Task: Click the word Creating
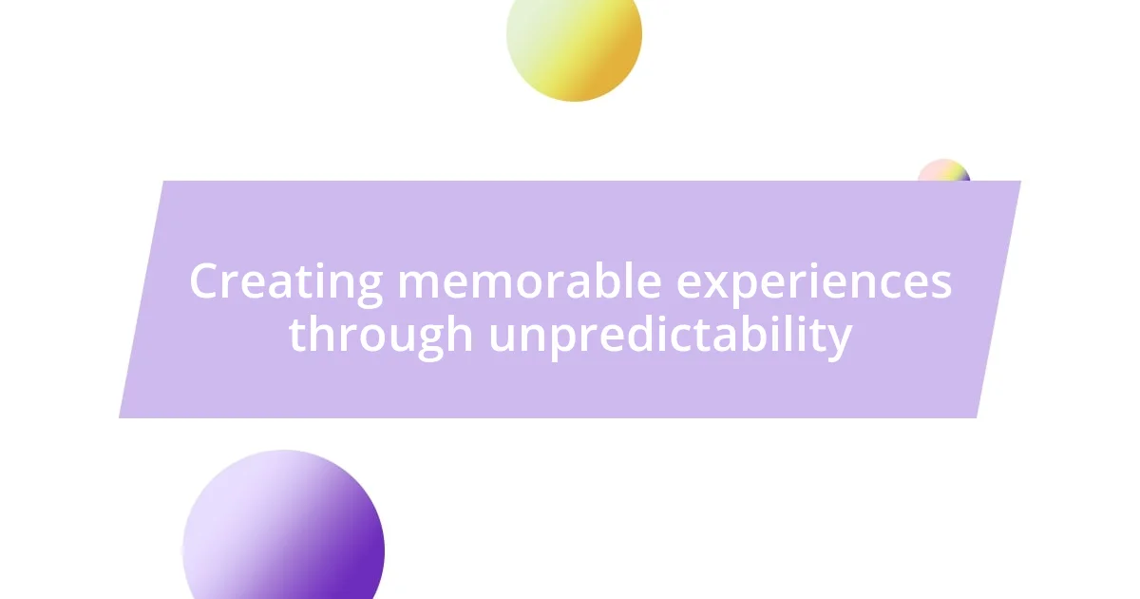pyautogui.click(x=285, y=282)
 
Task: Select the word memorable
pyautogui.click(x=529, y=281)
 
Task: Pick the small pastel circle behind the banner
pyautogui.click(x=943, y=171)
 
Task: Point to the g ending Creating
pyautogui.click(x=370, y=287)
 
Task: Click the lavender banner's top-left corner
pyautogui.click(x=163, y=182)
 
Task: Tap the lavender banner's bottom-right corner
pyautogui.click(x=977, y=417)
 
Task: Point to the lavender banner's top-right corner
pyautogui.click(x=1020, y=182)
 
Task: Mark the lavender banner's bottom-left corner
pyautogui.click(x=120, y=417)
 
